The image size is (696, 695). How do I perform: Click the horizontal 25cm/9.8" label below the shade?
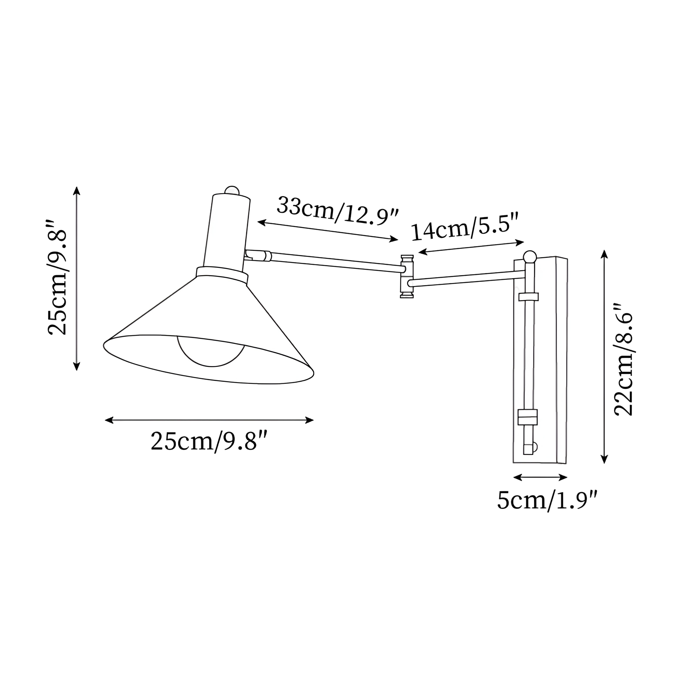(209, 441)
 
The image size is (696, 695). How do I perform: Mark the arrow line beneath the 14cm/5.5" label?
(471, 247)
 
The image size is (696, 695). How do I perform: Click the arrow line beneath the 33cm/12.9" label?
(328, 231)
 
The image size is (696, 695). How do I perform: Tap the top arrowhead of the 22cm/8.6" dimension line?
(604, 254)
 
